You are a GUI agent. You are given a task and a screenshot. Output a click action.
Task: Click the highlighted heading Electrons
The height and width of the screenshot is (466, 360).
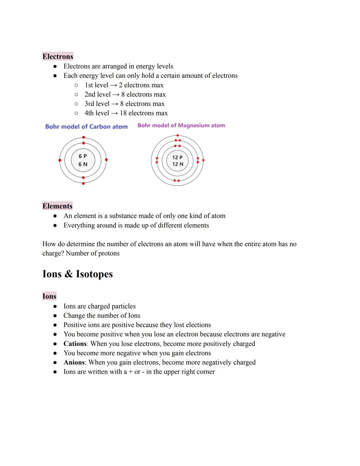[x=58, y=56]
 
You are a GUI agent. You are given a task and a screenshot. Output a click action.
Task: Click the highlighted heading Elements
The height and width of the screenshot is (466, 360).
[x=57, y=206]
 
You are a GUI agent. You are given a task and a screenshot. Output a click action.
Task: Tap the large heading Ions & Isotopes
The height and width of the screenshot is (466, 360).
[x=78, y=274]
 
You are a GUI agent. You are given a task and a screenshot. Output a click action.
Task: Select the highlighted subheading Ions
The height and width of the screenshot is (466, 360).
[x=49, y=296]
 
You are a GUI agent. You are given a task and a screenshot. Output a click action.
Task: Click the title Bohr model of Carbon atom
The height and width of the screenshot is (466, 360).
[x=86, y=127]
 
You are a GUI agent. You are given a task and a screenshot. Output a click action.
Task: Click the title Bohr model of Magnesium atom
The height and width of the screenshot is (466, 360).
[x=181, y=125]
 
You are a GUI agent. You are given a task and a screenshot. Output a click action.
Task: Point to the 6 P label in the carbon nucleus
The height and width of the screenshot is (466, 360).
[x=83, y=156]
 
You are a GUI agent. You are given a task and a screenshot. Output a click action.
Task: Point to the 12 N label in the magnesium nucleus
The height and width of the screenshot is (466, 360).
[x=178, y=164]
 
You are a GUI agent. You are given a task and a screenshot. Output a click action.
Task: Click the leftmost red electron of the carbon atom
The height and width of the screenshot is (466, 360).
[x=60, y=160]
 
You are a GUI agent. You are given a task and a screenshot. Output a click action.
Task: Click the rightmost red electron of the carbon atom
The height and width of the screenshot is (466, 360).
[x=106, y=160]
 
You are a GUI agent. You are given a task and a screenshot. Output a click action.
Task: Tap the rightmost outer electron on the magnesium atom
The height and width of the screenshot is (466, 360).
[x=203, y=160]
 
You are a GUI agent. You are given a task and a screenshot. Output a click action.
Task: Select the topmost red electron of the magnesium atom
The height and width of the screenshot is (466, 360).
[x=178, y=135]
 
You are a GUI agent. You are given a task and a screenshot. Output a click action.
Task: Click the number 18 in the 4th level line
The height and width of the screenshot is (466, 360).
[x=123, y=113]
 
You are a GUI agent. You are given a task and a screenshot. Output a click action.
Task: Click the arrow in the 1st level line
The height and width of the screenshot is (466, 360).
[x=113, y=85]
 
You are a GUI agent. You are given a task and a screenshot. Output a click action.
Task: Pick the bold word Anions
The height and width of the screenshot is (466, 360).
[x=74, y=362]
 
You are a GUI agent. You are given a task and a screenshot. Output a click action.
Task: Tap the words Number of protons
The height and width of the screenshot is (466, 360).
[x=93, y=253]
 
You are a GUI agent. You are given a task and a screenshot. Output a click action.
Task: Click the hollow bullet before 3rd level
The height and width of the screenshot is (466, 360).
[x=76, y=104]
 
